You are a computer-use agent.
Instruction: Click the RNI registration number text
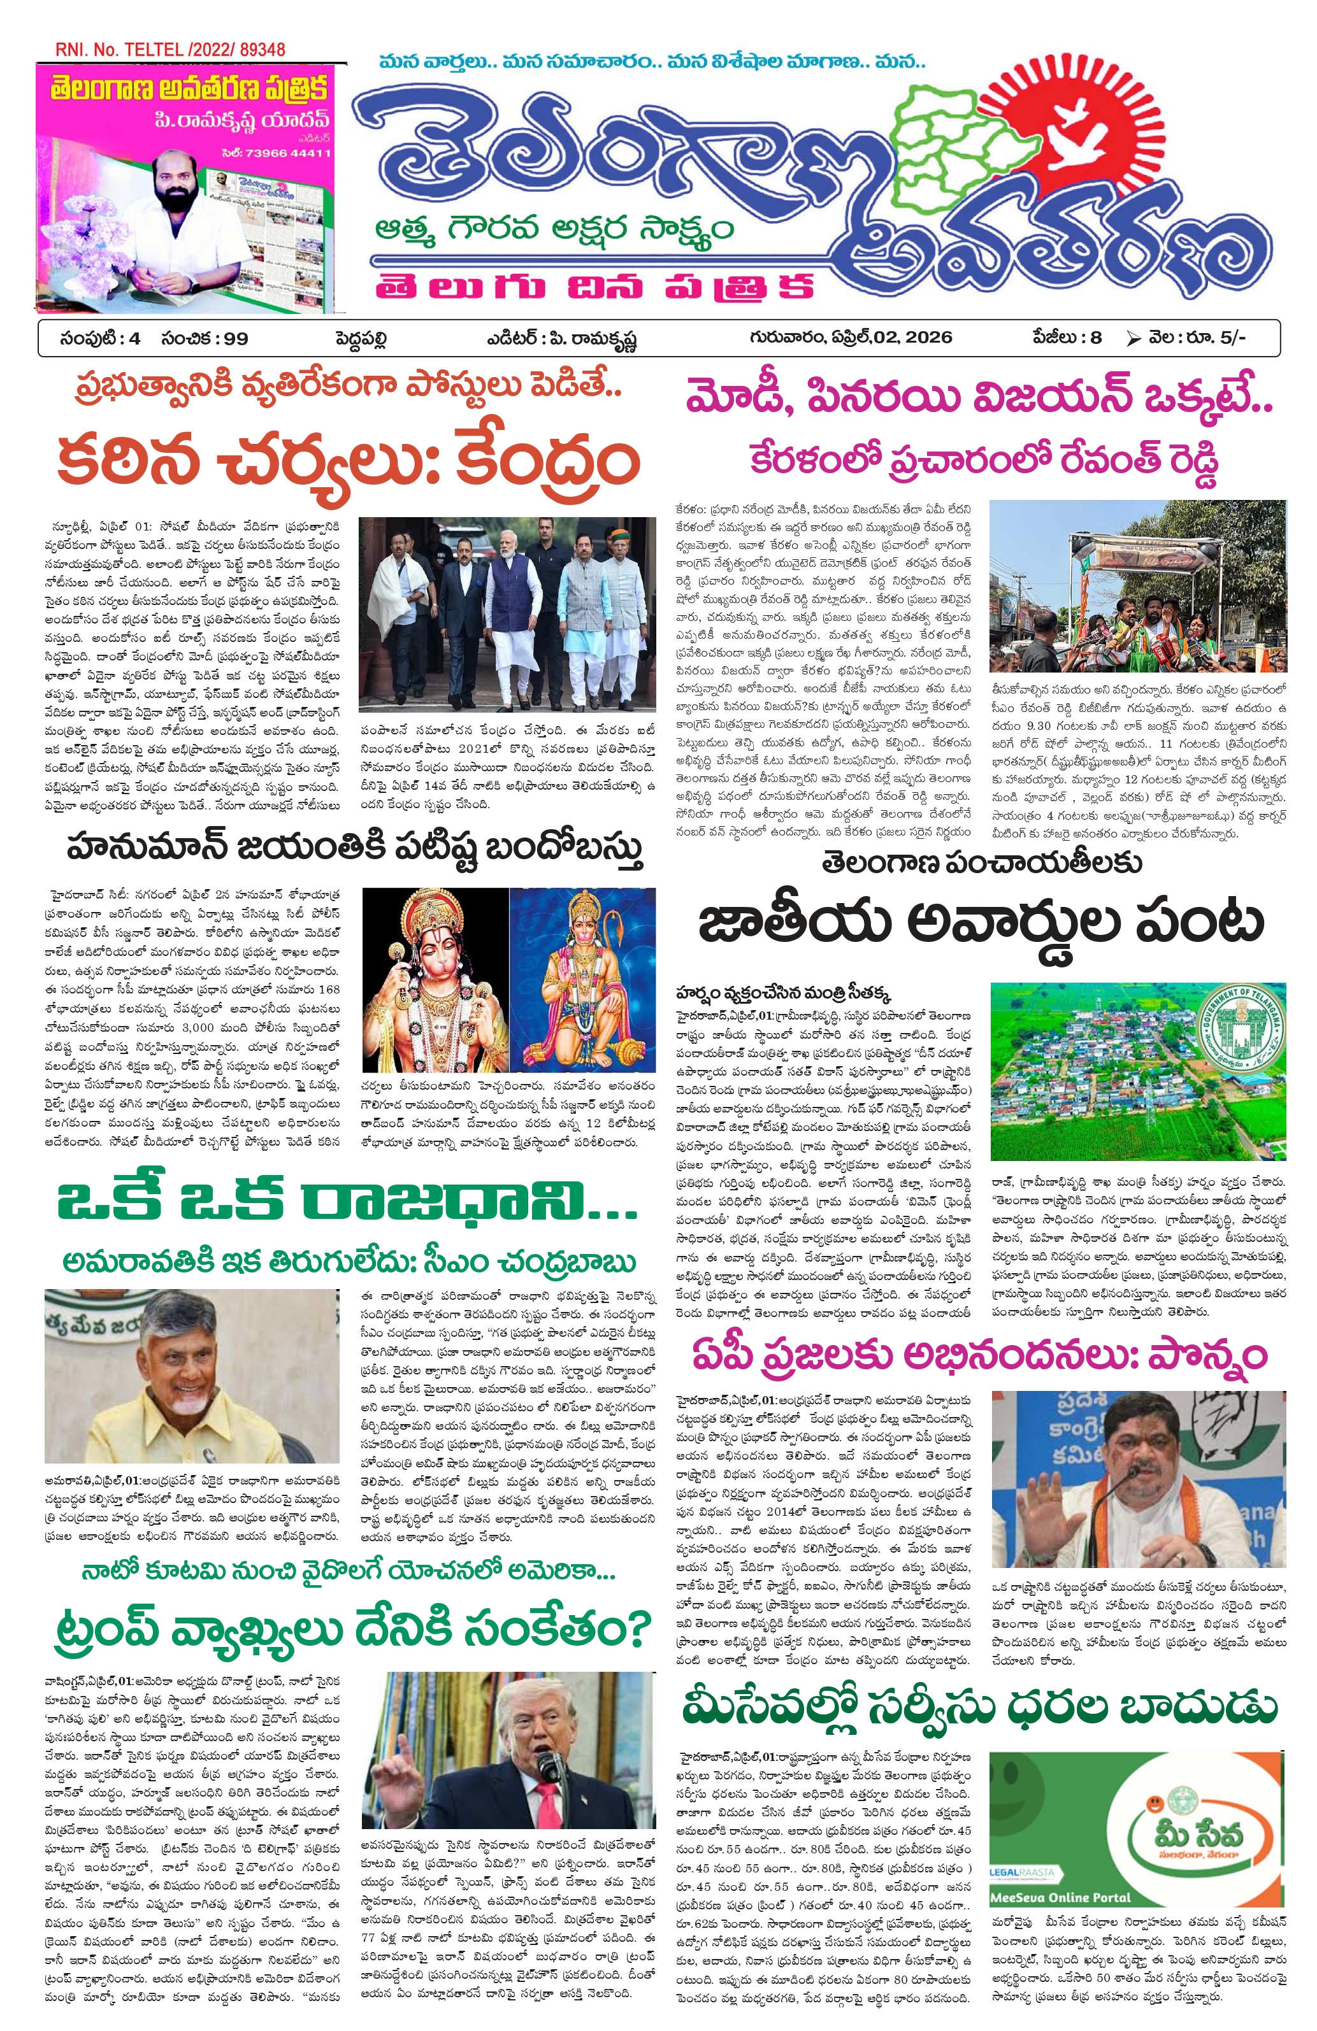[170, 50]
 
